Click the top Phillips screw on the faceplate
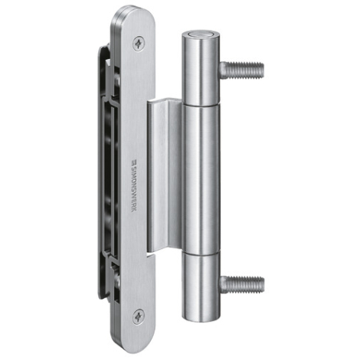click(139, 44)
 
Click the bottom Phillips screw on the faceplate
click(139, 316)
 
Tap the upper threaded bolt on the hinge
click(241, 70)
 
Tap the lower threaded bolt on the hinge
click(241, 284)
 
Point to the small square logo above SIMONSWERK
click(134, 162)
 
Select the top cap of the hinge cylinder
click(201, 35)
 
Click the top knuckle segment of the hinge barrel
click(201, 69)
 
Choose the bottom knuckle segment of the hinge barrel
click(201, 286)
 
